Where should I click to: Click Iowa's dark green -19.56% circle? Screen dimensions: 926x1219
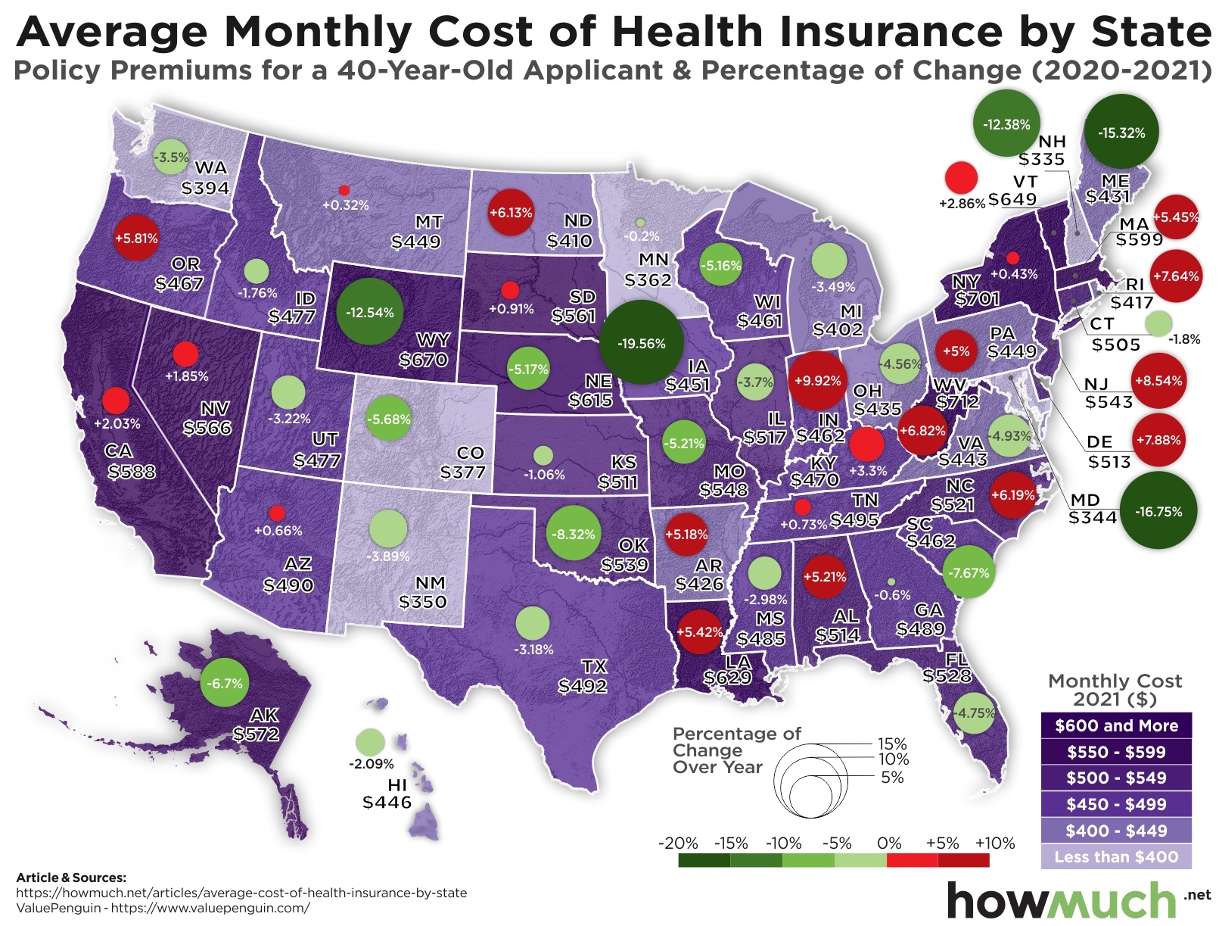[x=641, y=343]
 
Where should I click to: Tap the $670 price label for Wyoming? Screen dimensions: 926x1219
[x=424, y=360]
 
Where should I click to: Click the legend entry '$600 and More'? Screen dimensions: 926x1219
[x=1116, y=725]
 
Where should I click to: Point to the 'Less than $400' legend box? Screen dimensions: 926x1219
[x=1116, y=857]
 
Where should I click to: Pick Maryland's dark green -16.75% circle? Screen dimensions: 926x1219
[x=1158, y=511]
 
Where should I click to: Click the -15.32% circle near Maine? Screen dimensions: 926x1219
[x=1121, y=133]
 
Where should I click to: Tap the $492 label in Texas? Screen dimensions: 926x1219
[x=583, y=686]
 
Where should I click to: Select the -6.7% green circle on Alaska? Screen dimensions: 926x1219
[x=225, y=683]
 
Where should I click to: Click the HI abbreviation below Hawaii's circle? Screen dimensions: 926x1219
[x=397, y=784]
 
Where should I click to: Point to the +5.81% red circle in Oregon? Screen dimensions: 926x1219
[x=136, y=238]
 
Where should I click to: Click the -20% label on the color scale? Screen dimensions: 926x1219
[x=678, y=843]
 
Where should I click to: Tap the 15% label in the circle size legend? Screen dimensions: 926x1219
[x=892, y=744]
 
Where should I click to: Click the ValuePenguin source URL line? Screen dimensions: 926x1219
[x=163, y=907]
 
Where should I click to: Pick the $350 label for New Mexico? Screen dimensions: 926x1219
[x=423, y=602]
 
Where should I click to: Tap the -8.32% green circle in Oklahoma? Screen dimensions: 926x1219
[x=573, y=534]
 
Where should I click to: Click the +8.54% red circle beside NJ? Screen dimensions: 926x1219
[x=1158, y=381]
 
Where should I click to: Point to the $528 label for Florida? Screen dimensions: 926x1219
[x=947, y=675]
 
